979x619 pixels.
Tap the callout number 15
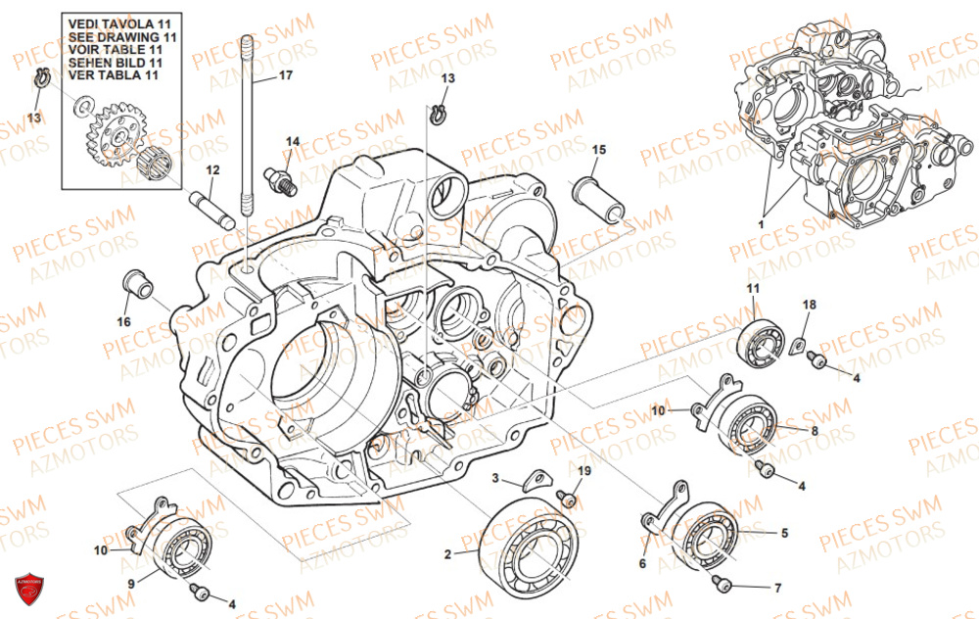pos(598,150)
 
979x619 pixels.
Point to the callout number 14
pos(293,142)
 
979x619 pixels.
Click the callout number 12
pos(211,170)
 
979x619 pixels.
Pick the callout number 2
pos(447,554)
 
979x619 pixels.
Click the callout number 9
pos(130,584)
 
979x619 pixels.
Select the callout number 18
pos(809,306)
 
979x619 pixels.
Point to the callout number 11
pos(753,288)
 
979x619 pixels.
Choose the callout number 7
pos(777,589)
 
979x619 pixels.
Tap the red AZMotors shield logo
pos(29,589)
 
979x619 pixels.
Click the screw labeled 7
pos(725,585)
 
